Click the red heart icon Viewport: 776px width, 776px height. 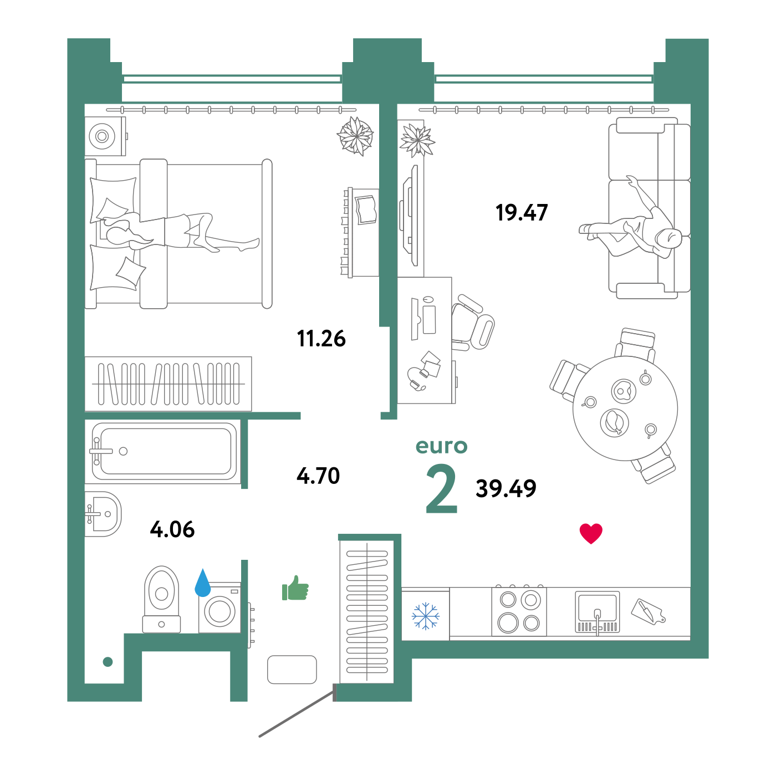[x=591, y=533]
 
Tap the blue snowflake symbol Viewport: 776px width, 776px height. [x=425, y=616]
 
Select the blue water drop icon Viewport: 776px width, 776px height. [x=203, y=583]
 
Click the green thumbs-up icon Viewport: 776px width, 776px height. [x=295, y=589]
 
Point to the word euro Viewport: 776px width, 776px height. [x=441, y=446]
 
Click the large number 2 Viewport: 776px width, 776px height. [x=442, y=489]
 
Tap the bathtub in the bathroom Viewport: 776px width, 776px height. [x=164, y=451]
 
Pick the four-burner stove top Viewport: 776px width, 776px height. [x=519, y=611]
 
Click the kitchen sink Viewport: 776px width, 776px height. [x=597, y=611]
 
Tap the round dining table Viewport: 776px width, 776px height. [x=625, y=408]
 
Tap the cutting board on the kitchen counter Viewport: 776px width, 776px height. [x=648, y=611]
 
